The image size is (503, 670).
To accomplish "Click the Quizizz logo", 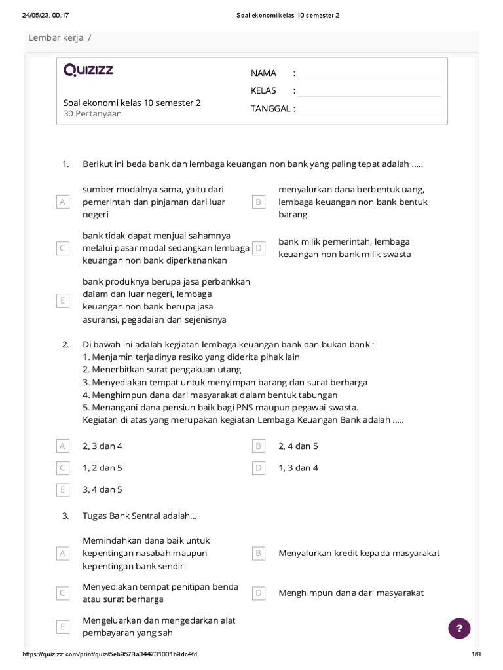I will point(88,71).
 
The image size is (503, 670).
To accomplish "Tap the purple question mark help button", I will point(459,628).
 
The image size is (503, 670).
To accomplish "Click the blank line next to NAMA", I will point(369,73).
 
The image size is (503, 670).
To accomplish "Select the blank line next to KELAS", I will point(369,91).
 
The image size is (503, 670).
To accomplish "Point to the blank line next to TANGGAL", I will point(369,109).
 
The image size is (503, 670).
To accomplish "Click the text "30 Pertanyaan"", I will point(92,113).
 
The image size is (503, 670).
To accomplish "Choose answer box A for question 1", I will point(63,202).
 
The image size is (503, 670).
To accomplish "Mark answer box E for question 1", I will point(63,301).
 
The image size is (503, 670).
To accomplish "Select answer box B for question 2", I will point(259,446).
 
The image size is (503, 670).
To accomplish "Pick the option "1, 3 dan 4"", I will point(298,468).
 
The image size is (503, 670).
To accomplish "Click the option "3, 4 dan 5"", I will point(102,489).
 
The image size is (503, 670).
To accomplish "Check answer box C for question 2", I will point(63,468).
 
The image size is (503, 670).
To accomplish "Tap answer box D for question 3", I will point(259,593).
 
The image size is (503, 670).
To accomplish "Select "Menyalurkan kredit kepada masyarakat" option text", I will point(359,553).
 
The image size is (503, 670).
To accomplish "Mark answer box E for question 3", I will point(63,627).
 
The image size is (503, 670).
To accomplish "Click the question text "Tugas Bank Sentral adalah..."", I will point(140,516).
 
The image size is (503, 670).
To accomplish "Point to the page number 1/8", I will point(475,654).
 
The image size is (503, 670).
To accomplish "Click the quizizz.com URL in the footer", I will point(110,654).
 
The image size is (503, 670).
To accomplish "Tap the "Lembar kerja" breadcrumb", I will point(56,38).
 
